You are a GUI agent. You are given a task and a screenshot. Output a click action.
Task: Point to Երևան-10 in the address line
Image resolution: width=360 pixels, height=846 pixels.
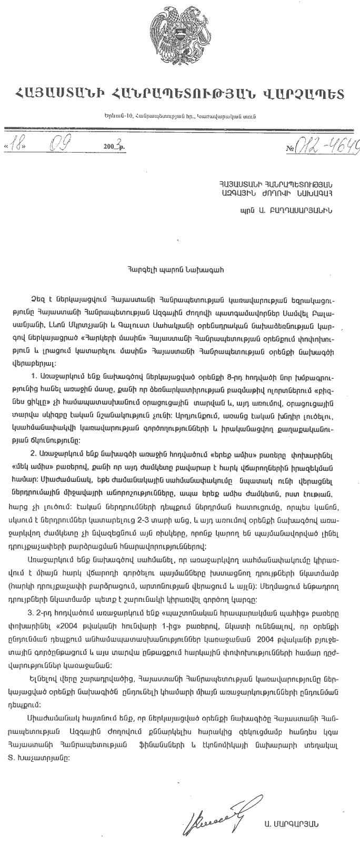117,116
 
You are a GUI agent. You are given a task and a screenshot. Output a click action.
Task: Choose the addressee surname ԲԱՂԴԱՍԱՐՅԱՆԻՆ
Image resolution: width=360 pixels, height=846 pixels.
300,209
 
